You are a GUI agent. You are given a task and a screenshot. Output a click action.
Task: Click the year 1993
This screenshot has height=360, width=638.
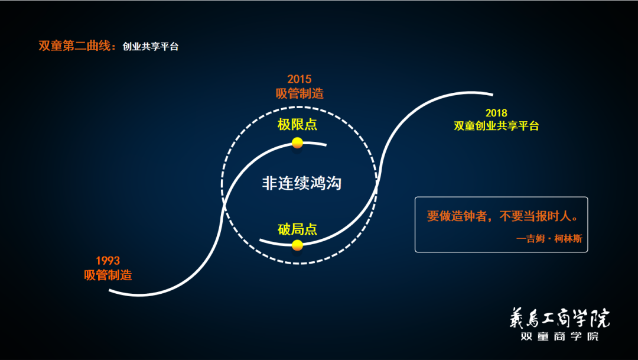(x=108, y=261)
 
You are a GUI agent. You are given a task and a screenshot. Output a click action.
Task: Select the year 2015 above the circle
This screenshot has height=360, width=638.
(x=300, y=79)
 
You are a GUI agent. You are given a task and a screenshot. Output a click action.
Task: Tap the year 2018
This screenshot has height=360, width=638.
(x=496, y=113)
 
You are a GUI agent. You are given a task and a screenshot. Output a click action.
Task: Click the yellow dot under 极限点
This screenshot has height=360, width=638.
(x=297, y=142)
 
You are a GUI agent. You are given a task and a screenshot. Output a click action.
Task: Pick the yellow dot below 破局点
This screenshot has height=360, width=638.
(x=297, y=245)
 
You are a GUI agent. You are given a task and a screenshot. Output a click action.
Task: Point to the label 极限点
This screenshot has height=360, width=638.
(x=297, y=125)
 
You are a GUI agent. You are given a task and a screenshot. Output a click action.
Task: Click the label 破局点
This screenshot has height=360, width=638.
(x=297, y=229)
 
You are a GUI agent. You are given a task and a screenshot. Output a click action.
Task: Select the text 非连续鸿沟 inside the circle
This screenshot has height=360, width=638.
(x=302, y=183)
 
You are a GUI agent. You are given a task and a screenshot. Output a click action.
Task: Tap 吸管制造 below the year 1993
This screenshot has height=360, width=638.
(x=108, y=275)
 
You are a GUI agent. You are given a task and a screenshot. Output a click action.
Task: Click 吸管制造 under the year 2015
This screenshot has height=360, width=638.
(x=300, y=93)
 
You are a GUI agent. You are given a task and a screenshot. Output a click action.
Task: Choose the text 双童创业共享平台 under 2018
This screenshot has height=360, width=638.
(x=496, y=126)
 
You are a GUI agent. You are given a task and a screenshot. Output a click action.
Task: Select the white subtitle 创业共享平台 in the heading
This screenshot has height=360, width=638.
(x=151, y=47)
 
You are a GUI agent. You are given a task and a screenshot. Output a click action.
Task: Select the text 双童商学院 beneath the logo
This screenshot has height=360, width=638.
(x=559, y=336)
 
